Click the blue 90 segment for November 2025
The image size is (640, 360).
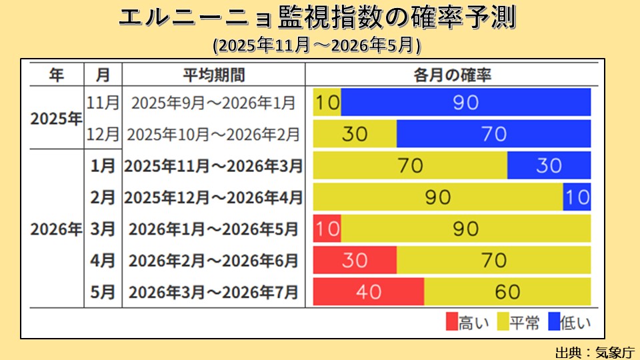(x=465, y=102)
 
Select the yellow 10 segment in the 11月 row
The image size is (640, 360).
(x=327, y=102)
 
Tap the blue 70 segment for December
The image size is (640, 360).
(x=493, y=134)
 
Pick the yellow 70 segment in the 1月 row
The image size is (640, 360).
(x=410, y=165)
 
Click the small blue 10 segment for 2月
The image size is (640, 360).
(x=577, y=197)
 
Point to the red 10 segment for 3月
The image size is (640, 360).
(x=327, y=229)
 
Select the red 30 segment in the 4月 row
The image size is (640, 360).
(x=355, y=260)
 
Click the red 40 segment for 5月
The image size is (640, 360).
(x=368, y=291)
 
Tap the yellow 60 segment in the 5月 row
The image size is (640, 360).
(x=507, y=291)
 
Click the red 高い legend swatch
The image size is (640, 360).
(x=452, y=323)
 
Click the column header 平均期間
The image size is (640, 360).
(x=213, y=74)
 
